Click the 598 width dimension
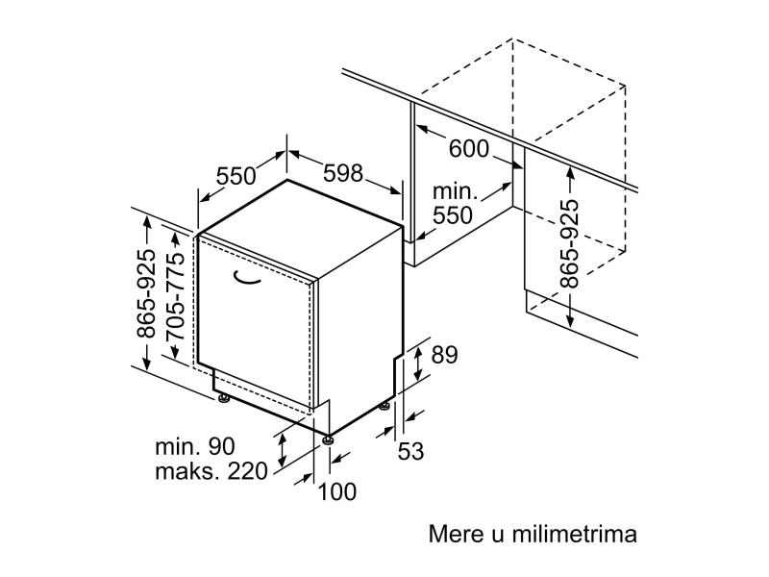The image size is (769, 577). coord(343,173)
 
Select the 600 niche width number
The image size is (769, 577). coord(469,149)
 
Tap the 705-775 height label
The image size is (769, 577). coord(176,297)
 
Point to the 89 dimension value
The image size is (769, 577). coord(444,354)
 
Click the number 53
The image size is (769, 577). coord(410,451)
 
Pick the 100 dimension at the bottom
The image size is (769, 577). coord(337,491)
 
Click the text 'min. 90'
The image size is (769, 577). coord(195,446)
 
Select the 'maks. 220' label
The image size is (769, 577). coord(211,471)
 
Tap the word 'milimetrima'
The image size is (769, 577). coord(574,534)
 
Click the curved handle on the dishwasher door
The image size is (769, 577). coord(246,278)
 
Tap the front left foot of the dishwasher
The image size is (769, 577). coord(224,398)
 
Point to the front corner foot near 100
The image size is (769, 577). coord(328,439)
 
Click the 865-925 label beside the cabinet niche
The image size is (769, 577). coord(569,243)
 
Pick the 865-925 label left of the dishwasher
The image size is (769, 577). coord(146,293)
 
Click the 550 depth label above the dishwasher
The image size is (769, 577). coord(236,176)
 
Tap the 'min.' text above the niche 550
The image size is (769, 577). coord(455,190)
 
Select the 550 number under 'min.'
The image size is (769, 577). coord(453,215)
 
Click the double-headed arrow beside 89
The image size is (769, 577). coord(417,363)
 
